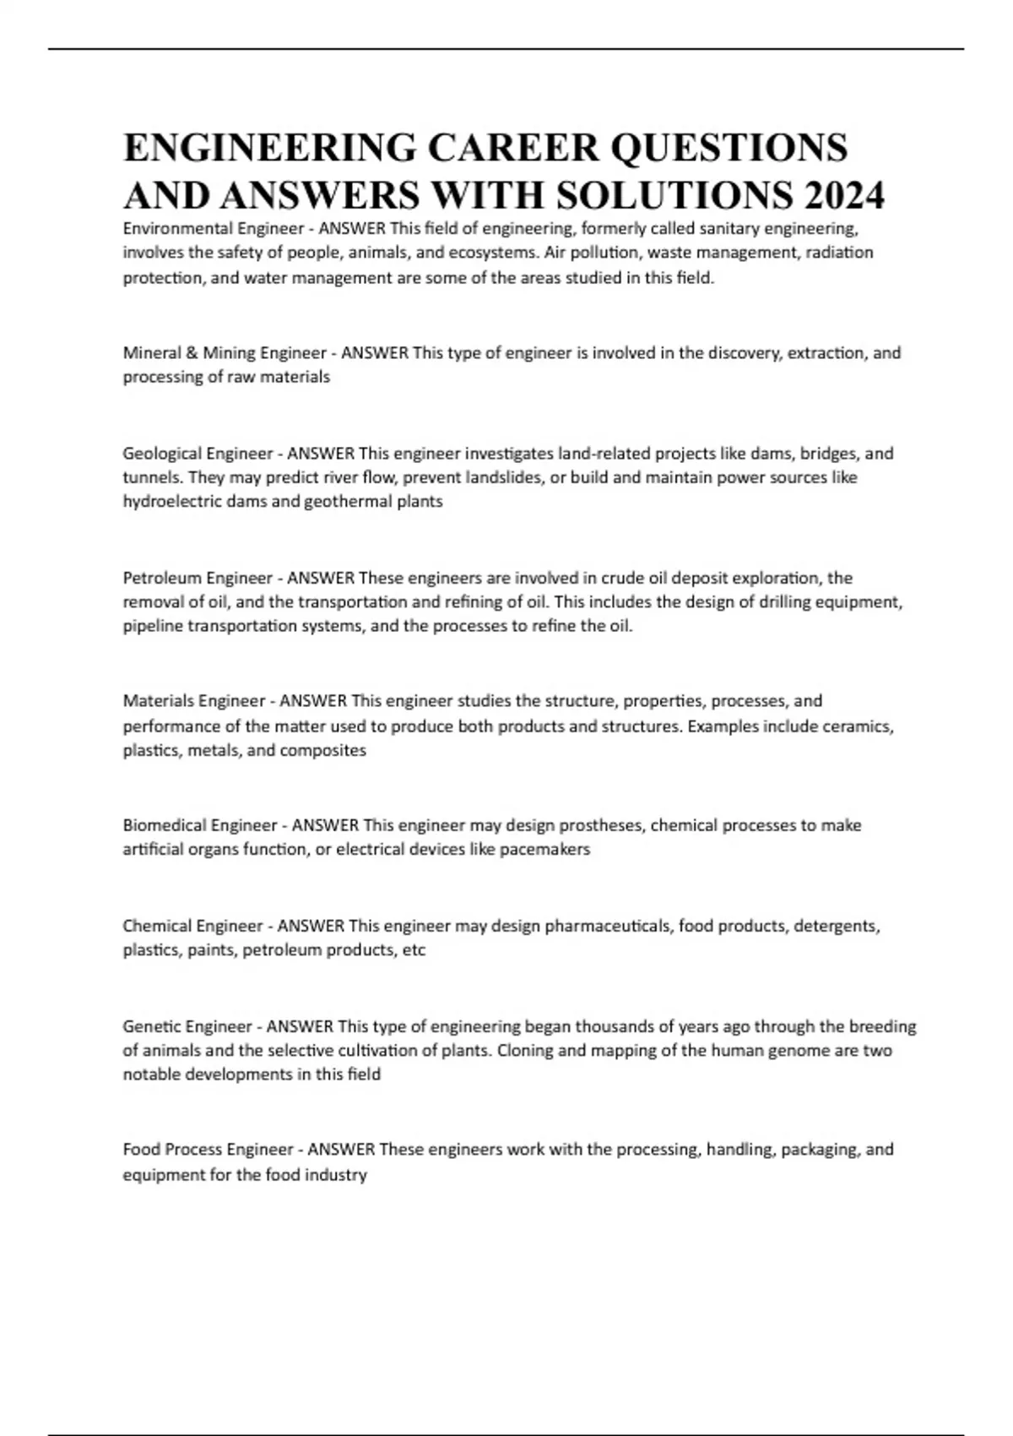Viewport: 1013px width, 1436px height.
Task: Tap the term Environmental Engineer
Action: (x=214, y=228)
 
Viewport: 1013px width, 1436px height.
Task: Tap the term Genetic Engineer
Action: (x=187, y=1027)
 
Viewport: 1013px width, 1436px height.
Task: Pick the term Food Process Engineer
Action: (x=208, y=1150)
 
